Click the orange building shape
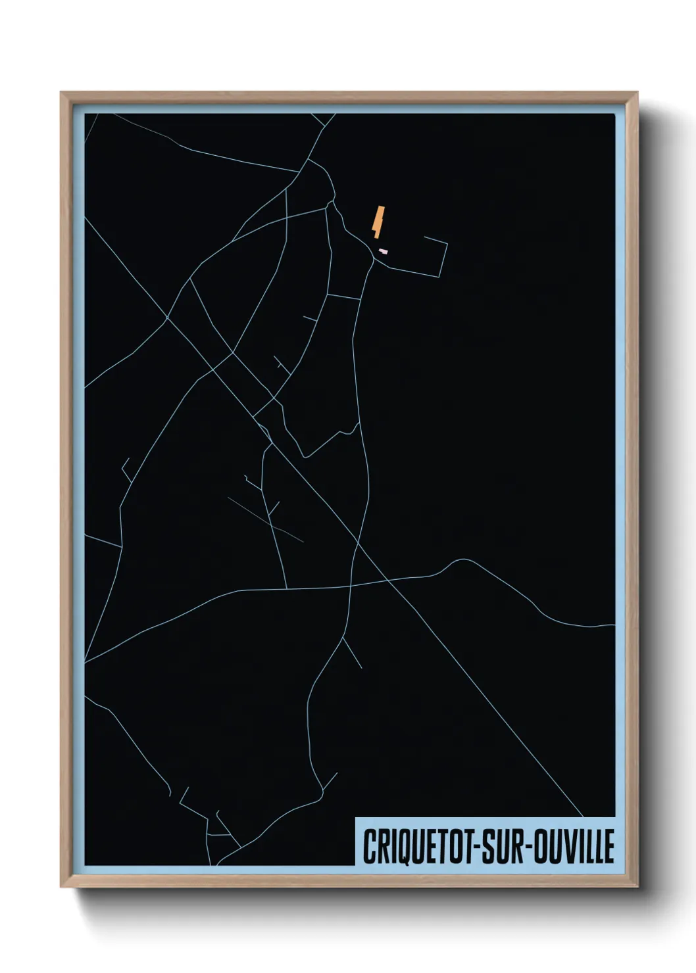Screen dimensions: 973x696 point(378,221)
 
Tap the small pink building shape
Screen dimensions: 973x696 point(383,251)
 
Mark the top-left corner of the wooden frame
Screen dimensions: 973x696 point(62,93)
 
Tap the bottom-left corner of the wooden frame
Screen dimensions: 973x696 point(62,886)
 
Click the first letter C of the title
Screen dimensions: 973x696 point(369,847)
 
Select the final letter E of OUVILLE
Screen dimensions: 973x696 point(610,847)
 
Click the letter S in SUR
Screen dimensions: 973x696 point(489,847)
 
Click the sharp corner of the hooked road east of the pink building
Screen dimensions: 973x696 point(447,245)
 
